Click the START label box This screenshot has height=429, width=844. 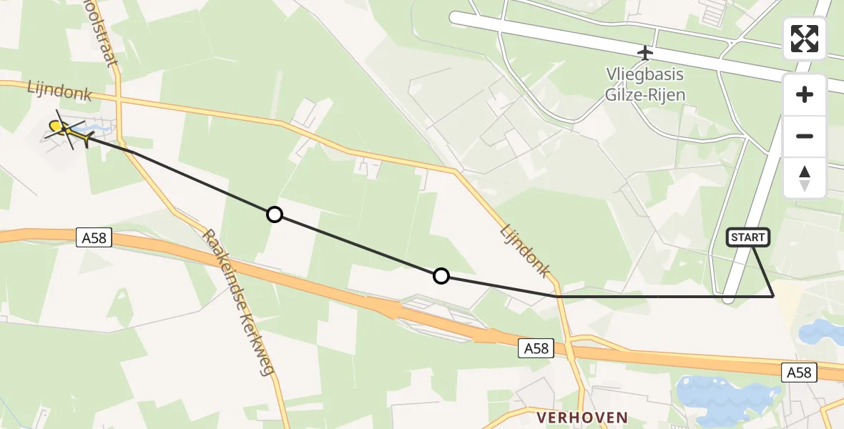pyautogui.click(x=748, y=237)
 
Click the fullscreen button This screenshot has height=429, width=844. pyautogui.click(x=805, y=39)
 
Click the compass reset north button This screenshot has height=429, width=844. pyautogui.click(x=805, y=178)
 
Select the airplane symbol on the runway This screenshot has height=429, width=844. pyautogui.click(x=645, y=53)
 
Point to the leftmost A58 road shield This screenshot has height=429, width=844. pyautogui.click(x=94, y=237)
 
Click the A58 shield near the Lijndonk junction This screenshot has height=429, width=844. pyautogui.click(x=536, y=348)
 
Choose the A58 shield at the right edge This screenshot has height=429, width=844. pyautogui.click(x=798, y=372)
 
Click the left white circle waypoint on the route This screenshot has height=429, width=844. pyautogui.click(x=274, y=214)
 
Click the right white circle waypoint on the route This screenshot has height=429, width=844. pyautogui.click(x=441, y=276)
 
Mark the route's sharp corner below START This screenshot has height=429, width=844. pyautogui.click(x=773, y=295)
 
